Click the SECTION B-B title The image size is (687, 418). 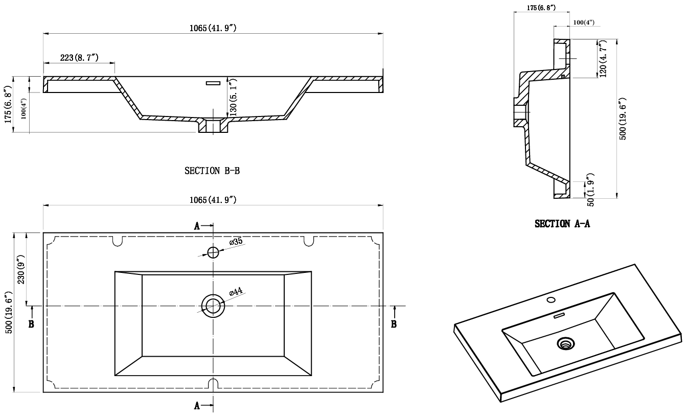[212, 171]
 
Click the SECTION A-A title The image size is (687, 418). [562, 224]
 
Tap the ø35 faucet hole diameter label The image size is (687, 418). [236, 242]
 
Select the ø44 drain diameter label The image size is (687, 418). [236, 291]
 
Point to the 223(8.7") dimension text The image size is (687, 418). [79, 57]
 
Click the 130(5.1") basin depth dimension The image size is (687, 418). [234, 97]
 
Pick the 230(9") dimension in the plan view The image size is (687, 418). [21, 269]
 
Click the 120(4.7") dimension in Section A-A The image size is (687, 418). [603, 59]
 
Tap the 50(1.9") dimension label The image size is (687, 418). [590, 190]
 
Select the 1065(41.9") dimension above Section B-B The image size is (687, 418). [213, 28]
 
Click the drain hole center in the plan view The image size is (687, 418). [213, 306]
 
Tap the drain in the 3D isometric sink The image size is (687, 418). [566, 343]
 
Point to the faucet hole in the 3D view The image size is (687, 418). [551, 299]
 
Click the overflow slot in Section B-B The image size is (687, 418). [213, 83]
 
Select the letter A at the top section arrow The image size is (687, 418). [197, 226]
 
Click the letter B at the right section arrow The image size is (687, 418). [394, 324]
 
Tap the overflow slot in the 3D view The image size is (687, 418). [559, 316]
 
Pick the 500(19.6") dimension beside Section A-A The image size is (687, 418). [623, 119]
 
